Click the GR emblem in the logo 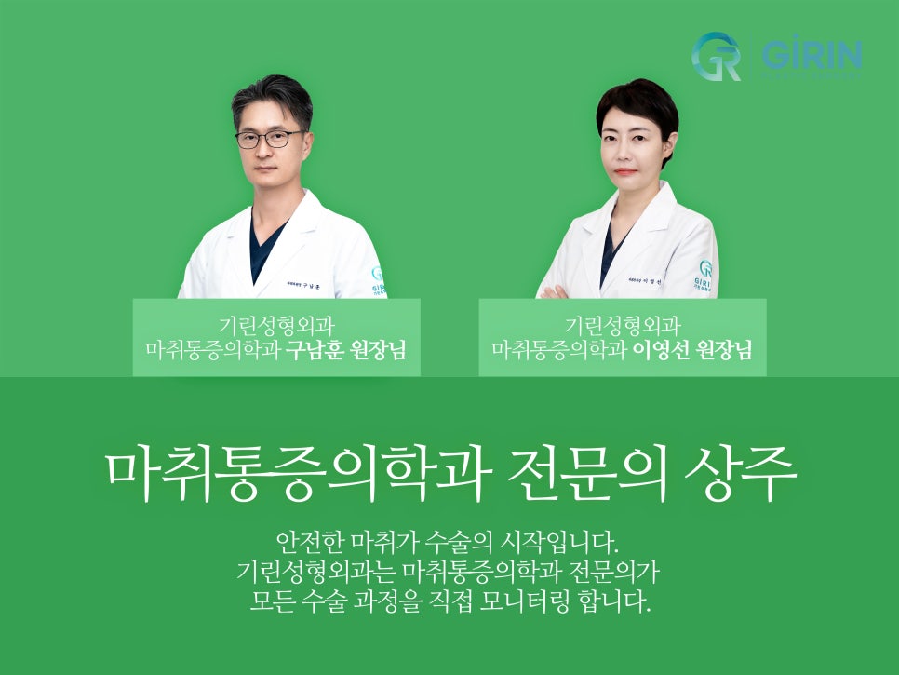[x=716, y=56]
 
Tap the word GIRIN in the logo [x=812, y=56]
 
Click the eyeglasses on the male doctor [x=269, y=139]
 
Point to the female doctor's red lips [x=626, y=171]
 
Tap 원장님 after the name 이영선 [x=722, y=351]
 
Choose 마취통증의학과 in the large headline [x=299, y=475]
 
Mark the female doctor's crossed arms [x=558, y=291]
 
